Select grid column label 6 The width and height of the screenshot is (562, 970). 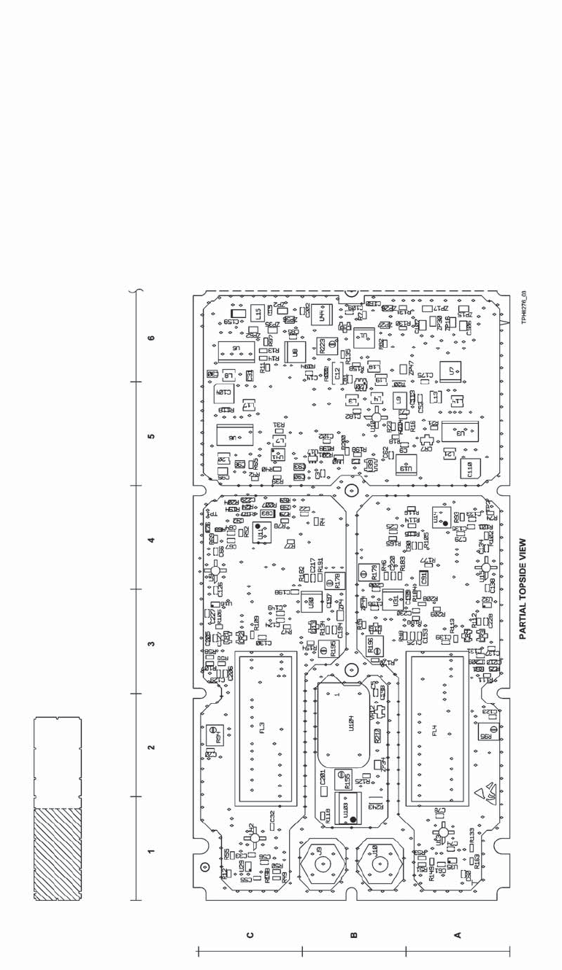[x=151, y=338]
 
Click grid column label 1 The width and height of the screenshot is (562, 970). [x=151, y=850]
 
